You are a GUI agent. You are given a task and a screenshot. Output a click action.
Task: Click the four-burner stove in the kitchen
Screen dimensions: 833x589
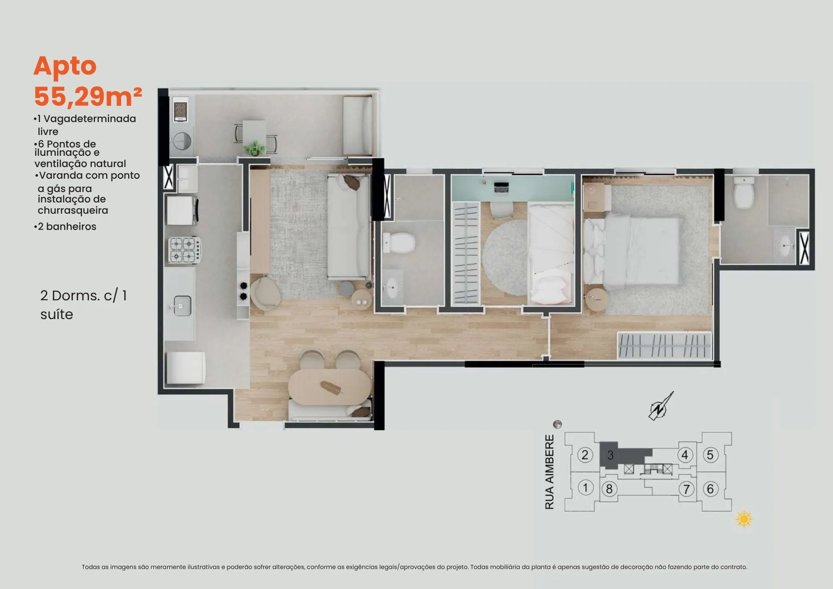click(185, 250)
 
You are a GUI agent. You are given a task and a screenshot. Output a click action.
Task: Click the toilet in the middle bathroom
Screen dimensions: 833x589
click(399, 242)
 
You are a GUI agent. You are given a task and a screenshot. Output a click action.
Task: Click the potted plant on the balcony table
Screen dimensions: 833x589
click(254, 148)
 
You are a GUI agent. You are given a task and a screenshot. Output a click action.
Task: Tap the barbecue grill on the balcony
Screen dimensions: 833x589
click(180, 111)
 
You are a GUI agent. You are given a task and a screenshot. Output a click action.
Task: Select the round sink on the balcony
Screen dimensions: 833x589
click(182, 141)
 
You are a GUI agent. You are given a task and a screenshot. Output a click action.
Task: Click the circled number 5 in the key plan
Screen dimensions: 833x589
click(710, 455)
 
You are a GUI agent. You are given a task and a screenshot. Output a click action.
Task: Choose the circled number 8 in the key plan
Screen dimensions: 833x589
click(609, 489)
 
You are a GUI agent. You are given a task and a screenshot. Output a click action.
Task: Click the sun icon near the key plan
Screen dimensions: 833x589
click(744, 519)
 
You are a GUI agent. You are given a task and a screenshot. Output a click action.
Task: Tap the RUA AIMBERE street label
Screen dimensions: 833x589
click(550, 472)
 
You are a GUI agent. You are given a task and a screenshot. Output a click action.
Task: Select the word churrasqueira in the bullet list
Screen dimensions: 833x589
click(73, 210)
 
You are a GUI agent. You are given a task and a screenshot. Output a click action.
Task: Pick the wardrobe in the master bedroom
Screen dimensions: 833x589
click(664, 345)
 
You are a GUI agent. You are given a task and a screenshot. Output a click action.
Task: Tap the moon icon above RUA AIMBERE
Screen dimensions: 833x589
click(557, 424)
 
